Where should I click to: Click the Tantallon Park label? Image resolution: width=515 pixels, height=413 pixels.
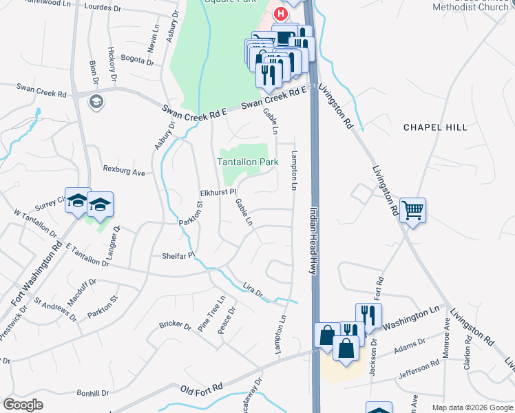[x=247, y=162]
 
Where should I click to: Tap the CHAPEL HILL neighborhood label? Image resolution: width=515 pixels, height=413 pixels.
[x=435, y=127]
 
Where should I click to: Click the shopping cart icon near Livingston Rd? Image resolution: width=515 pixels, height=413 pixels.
[x=412, y=210]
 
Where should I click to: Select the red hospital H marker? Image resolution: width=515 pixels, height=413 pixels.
[x=281, y=13]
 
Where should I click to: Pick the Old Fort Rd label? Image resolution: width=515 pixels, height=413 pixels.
[x=202, y=388]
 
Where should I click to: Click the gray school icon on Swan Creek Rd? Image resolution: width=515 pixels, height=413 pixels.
[x=96, y=102]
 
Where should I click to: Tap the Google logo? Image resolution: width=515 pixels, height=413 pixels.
[x=23, y=405]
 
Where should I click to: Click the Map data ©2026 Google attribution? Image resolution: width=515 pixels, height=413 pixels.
[x=472, y=408]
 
